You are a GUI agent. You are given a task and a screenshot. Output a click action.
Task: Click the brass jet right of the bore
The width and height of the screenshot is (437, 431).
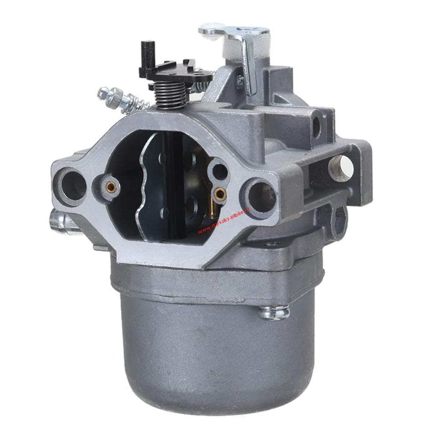[x=220, y=194]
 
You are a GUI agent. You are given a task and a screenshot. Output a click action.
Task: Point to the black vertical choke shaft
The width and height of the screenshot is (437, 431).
[x=175, y=182]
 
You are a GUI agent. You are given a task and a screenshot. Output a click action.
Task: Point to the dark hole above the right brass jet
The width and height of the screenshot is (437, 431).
[x=219, y=171]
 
